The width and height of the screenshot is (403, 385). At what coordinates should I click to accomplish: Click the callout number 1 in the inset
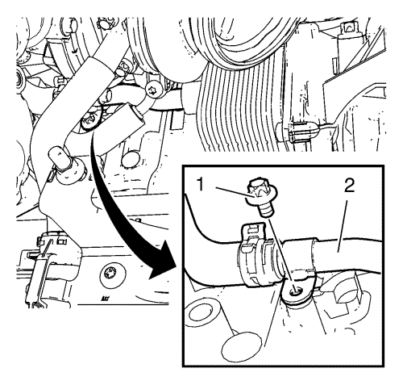201,185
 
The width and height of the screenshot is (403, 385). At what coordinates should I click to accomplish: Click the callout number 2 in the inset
350,185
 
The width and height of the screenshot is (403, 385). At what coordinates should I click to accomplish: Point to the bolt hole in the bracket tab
295,291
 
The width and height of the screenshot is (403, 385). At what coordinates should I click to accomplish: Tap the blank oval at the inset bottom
241,347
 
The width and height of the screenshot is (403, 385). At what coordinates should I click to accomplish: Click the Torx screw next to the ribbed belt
154,89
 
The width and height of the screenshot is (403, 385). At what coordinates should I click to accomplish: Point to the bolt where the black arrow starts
90,122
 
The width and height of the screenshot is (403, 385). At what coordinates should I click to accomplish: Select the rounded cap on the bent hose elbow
57,158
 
